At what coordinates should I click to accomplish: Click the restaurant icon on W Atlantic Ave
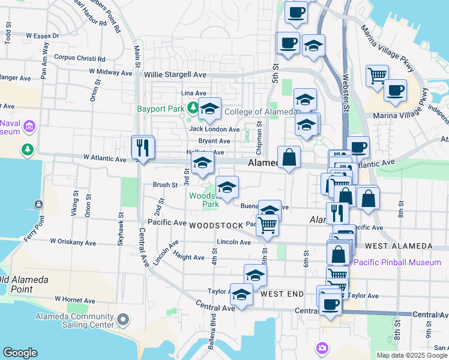coord(143,146)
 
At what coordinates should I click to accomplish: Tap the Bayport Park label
coord(159,109)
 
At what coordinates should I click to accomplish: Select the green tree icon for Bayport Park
coord(193,109)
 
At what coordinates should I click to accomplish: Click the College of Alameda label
coord(261,112)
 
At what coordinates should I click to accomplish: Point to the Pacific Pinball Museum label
coord(397,262)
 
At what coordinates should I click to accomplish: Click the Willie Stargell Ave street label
coord(175,75)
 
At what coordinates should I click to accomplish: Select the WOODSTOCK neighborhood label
coord(215,226)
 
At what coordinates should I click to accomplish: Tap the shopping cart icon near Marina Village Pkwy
coord(377,76)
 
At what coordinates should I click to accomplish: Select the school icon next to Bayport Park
coord(209,109)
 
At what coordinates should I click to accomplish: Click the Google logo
coord(20,353)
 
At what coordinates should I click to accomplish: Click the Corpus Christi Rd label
coord(80,59)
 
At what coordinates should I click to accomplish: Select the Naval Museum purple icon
coord(30,127)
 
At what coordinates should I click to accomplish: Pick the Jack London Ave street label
coord(214,129)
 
